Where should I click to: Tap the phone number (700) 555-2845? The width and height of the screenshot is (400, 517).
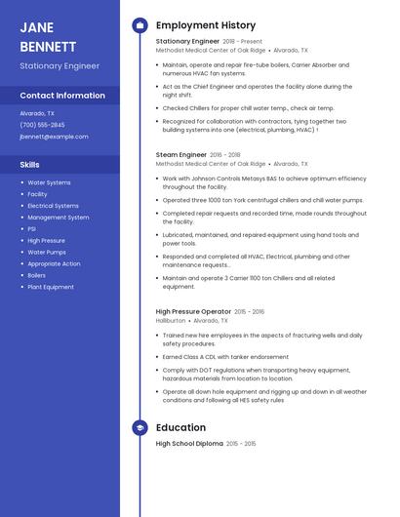tap(43, 125)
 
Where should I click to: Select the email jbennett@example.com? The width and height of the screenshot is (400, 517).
tap(54, 137)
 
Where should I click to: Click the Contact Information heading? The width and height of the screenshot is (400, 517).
tap(62, 96)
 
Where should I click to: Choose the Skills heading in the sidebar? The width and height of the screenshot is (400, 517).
tap(30, 165)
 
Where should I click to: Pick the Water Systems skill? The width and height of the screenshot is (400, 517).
tap(49, 182)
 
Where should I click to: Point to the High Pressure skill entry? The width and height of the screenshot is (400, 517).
tap(46, 240)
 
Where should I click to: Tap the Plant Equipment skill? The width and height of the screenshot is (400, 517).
tap(51, 287)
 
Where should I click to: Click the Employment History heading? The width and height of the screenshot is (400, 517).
tap(205, 25)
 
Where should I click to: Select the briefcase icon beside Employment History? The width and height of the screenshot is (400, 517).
tap(140, 25)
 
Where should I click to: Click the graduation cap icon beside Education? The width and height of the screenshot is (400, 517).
tap(140, 427)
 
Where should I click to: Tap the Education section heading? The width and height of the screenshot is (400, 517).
tap(180, 427)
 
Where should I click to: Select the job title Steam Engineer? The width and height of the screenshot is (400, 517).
tap(181, 154)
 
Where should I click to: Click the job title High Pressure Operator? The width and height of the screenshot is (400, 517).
tap(193, 311)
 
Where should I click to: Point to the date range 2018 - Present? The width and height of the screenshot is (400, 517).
tap(243, 42)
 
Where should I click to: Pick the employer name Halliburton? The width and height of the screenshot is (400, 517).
tap(171, 320)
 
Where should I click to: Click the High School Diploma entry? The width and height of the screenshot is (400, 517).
tap(189, 444)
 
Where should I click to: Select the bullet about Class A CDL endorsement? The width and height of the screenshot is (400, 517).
tap(225, 357)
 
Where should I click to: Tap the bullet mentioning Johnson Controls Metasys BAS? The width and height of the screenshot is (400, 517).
tap(263, 182)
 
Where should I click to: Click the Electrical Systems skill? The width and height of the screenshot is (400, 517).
tap(53, 206)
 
